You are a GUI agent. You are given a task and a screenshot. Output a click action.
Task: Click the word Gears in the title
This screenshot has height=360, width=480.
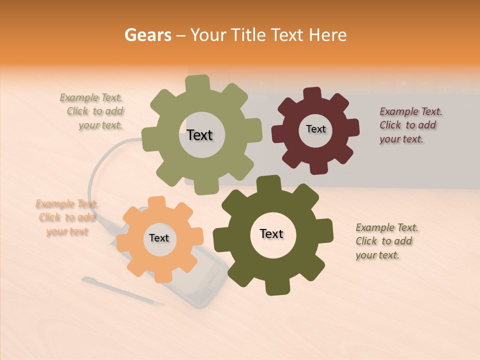147,35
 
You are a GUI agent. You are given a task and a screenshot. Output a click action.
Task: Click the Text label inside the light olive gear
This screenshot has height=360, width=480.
199,135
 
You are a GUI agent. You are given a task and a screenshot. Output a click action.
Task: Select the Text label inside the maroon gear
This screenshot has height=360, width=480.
315,129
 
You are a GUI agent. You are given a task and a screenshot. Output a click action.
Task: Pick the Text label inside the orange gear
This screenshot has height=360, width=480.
159,238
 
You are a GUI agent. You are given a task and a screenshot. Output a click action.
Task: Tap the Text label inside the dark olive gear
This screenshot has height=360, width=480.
271,233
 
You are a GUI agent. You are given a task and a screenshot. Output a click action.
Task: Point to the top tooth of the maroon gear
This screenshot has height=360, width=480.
312,94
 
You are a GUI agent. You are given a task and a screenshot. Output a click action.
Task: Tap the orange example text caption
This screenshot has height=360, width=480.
67,217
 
